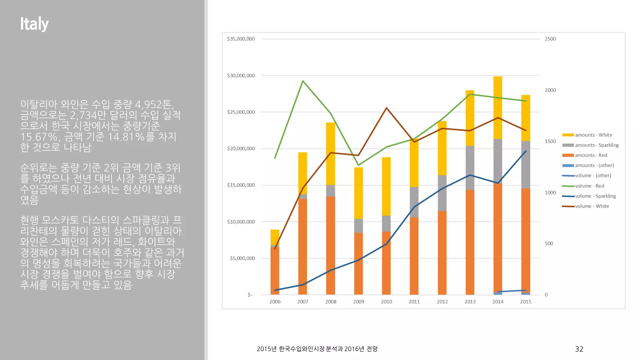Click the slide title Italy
34,24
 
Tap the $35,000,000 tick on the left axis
241,39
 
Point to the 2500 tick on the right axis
550,39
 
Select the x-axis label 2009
358,302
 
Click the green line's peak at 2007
303,81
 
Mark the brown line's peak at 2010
387,108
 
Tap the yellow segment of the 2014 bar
497,108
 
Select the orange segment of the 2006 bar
275,270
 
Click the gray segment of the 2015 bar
526,164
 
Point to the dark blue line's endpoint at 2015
526,151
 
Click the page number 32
579,349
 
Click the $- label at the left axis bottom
250,295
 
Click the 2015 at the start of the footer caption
263,349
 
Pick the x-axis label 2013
470,302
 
